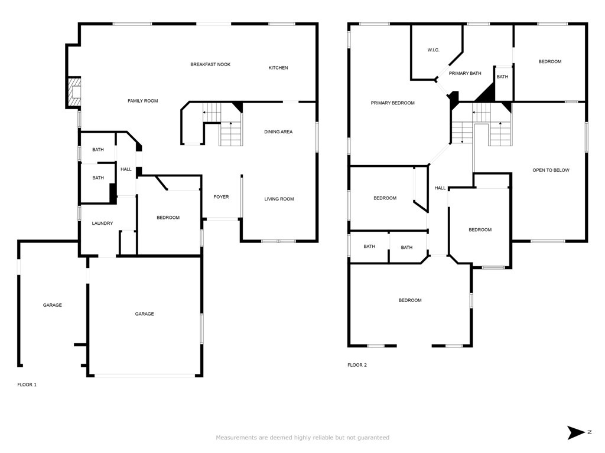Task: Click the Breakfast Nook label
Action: (210, 64)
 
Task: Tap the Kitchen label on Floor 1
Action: (278, 68)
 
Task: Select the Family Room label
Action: (143, 101)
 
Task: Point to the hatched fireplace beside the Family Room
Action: (74, 91)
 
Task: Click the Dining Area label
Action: (278, 132)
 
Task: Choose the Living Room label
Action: (279, 199)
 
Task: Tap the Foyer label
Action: (221, 197)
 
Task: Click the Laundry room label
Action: (102, 224)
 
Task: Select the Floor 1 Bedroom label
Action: (168, 218)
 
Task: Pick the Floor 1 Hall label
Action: (126, 169)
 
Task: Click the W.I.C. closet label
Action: (433, 50)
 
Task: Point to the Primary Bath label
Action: (465, 73)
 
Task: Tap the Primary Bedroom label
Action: (392, 103)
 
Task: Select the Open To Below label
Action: (551, 170)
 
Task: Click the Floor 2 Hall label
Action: (440, 188)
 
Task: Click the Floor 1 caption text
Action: (27, 385)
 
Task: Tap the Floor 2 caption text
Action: (357, 365)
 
